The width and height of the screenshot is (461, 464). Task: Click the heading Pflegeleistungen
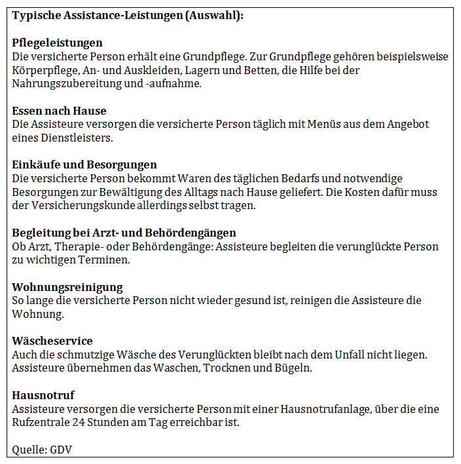pos(58,43)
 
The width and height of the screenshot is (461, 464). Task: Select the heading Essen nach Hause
pos(59,111)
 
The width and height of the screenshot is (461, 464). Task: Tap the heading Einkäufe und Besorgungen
pos(84,164)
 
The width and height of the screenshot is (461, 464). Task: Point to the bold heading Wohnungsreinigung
pos(67,287)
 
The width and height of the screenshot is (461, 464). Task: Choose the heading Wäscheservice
pos(52,341)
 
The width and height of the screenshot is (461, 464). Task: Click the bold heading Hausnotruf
pos(43,395)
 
